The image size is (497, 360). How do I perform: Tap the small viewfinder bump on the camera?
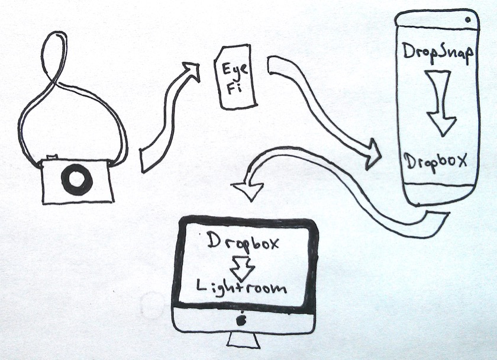point(52,157)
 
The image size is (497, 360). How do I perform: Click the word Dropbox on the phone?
point(437,160)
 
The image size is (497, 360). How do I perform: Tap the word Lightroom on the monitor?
point(241,288)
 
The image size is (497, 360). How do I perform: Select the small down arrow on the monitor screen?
point(241,266)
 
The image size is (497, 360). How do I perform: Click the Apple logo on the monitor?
point(241,320)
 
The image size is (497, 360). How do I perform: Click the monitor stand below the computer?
point(243,340)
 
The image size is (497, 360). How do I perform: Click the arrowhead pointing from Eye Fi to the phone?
point(372,153)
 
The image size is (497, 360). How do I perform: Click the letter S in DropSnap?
point(446,52)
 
